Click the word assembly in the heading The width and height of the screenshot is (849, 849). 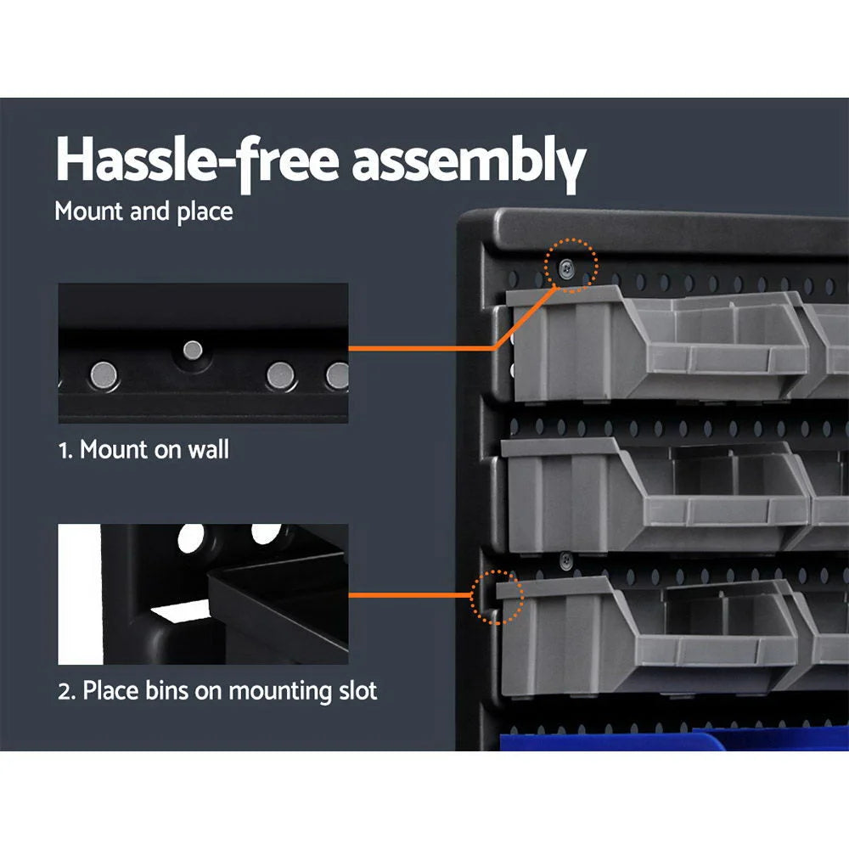point(469,161)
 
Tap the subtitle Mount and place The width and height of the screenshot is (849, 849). point(143,211)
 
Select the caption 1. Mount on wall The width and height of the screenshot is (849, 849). point(143,449)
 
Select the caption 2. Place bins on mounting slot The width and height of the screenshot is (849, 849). point(217,690)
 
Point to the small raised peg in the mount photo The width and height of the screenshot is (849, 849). point(194,349)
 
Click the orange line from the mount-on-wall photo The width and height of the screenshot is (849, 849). point(424,347)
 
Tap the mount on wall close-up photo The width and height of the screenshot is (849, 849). point(203,353)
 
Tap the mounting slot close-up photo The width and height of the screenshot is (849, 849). point(203,593)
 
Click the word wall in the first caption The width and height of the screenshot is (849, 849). point(209,449)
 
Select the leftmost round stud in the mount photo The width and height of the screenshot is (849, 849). point(105,371)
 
